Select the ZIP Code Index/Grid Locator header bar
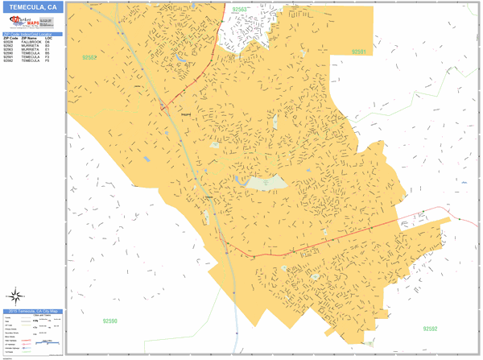(32, 34)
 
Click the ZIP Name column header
(31, 38)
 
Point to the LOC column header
(49, 38)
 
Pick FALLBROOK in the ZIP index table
(31, 42)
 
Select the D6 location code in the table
(48, 42)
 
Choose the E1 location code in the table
(48, 50)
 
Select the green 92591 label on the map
(358, 52)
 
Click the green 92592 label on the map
(430, 328)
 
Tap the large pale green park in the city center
(266, 183)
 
